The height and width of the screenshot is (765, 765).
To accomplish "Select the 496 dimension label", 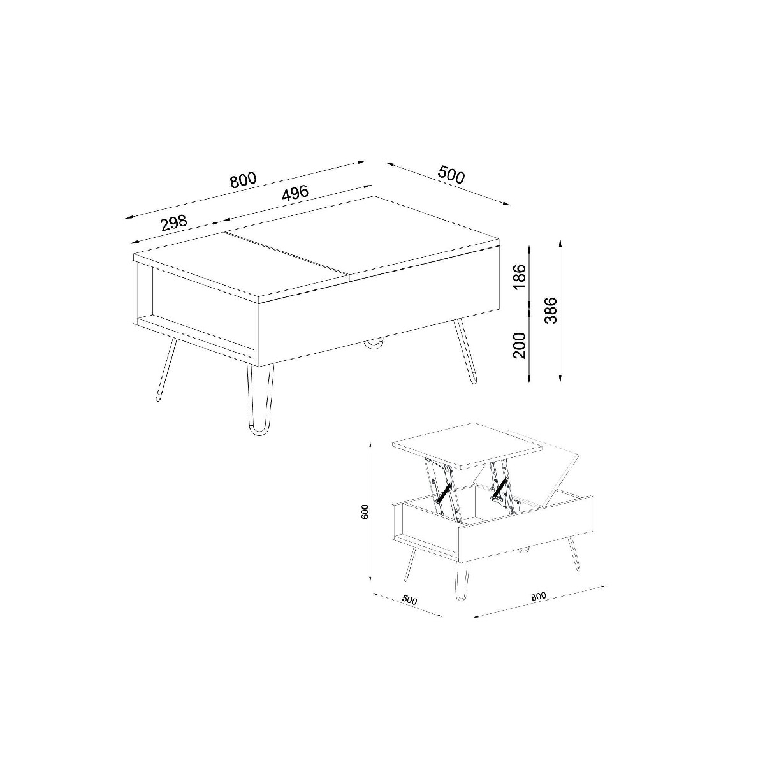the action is [x=295, y=193].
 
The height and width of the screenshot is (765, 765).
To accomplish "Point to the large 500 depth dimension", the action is [x=451, y=175].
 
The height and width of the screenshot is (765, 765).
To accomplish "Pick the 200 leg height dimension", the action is [x=520, y=346].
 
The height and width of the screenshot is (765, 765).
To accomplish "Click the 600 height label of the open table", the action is [x=365, y=511].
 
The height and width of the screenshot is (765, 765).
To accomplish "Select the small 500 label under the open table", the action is [x=409, y=600].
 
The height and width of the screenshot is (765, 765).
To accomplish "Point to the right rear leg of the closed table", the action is [x=465, y=351].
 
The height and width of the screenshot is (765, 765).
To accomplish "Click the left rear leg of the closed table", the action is [x=166, y=370].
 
